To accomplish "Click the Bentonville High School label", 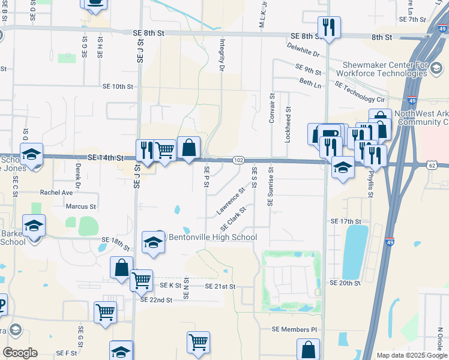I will [x=212, y=238].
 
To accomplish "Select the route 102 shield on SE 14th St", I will [x=238, y=160].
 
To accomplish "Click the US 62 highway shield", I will [x=432, y=164].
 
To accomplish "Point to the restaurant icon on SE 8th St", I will [x=329, y=28].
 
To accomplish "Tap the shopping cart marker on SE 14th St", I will [x=164, y=150].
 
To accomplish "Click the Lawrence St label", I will [x=231, y=202].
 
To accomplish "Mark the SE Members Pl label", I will [x=294, y=329].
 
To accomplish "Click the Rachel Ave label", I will [x=56, y=193].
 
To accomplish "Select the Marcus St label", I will [x=80, y=206].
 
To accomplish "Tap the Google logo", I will [x=20, y=353].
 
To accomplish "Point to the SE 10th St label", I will [x=117, y=86].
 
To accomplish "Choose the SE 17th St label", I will [x=344, y=221].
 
